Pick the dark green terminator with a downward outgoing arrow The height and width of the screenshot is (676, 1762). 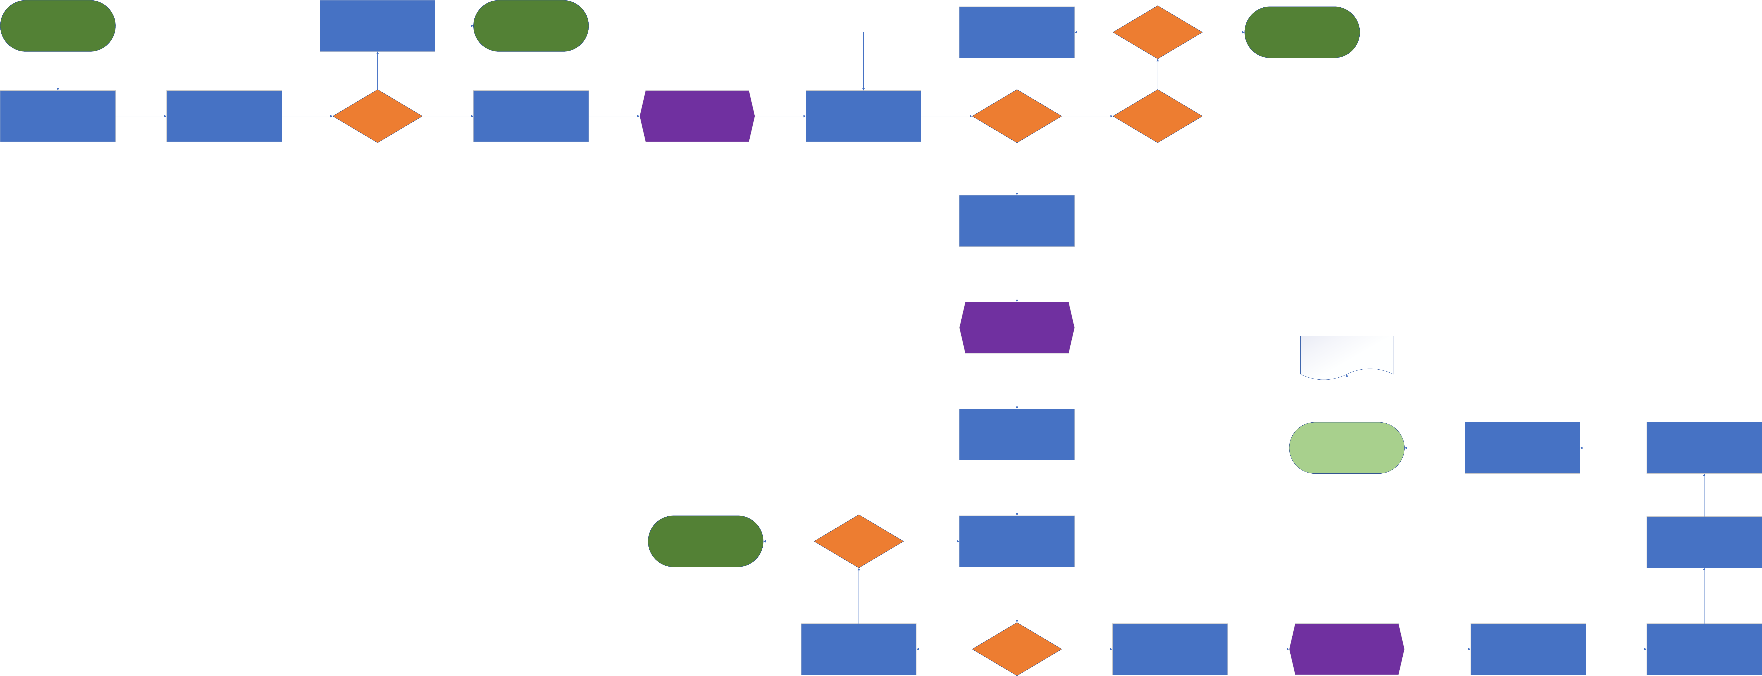58,26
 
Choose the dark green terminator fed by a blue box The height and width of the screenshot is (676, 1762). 531,26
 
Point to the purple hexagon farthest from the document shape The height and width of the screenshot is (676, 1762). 697,116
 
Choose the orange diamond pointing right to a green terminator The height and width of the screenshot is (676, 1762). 1157,32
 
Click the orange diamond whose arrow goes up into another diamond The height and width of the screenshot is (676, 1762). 1157,116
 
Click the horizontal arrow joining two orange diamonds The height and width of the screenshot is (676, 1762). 1087,116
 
